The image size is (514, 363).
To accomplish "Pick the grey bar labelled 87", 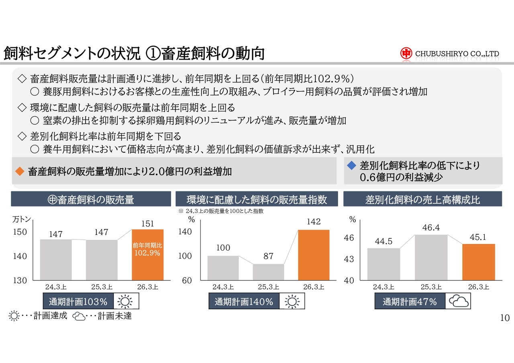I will (268, 272).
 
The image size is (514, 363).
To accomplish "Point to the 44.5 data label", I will (383, 241).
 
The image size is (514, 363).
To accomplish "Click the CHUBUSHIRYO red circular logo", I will (406, 53).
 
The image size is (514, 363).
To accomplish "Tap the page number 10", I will (505, 318).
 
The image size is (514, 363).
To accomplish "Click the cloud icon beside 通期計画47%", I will (459, 302).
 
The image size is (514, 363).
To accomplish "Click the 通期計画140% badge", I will (244, 302).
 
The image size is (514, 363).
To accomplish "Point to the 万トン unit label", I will (22, 219).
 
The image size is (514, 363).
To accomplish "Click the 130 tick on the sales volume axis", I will (20, 280).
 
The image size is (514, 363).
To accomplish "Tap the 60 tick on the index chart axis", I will (187, 280).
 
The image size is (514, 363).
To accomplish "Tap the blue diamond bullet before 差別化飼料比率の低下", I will (351, 165).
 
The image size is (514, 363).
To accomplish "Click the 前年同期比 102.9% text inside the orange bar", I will (147, 249).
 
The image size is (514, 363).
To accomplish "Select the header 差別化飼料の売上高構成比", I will (422, 199).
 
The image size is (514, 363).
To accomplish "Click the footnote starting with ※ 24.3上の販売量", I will (220, 211).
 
